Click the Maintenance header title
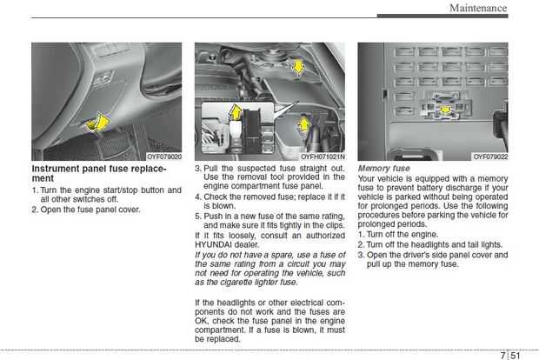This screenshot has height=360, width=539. click(477, 8)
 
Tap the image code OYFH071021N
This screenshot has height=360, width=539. click(323, 157)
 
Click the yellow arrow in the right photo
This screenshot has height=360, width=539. click(447, 110)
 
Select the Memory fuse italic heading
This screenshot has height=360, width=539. click(383, 168)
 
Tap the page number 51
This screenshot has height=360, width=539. click(516, 355)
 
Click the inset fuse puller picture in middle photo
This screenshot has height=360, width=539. click(232, 127)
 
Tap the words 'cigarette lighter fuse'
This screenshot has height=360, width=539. click(252, 282)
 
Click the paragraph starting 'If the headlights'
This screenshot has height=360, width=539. click(269, 319)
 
